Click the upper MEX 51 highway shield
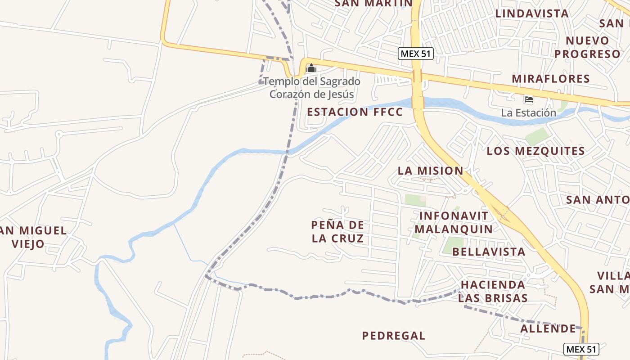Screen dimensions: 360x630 (x=415, y=54)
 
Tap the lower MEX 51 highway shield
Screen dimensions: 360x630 (x=581, y=349)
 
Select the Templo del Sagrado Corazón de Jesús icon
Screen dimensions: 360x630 (x=311, y=69)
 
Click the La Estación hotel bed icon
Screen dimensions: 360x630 (x=528, y=99)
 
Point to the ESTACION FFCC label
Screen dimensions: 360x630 (x=355, y=112)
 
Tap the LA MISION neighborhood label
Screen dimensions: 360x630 (x=430, y=171)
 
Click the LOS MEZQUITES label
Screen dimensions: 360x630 (x=535, y=151)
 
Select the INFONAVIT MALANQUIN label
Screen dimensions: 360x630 (x=453, y=222)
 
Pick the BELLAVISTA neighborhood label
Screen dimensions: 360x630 (x=489, y=252)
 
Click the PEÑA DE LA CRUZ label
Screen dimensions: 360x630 (x=337, y=231)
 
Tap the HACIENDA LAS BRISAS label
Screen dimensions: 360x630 (x=493, y=291)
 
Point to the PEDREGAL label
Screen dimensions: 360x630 (x=393, y=336)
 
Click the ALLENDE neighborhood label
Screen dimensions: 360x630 (x=548, y=328)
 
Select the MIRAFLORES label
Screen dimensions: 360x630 (x=550, y=79)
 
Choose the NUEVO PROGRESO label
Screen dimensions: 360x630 (x=587, y=47)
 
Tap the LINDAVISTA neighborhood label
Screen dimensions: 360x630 (x=532, y=13)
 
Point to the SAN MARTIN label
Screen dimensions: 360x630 (x=367, y=4)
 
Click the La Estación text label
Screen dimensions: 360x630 (x=528, y=112)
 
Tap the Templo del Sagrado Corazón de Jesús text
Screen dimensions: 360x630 (x=311, y=88)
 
